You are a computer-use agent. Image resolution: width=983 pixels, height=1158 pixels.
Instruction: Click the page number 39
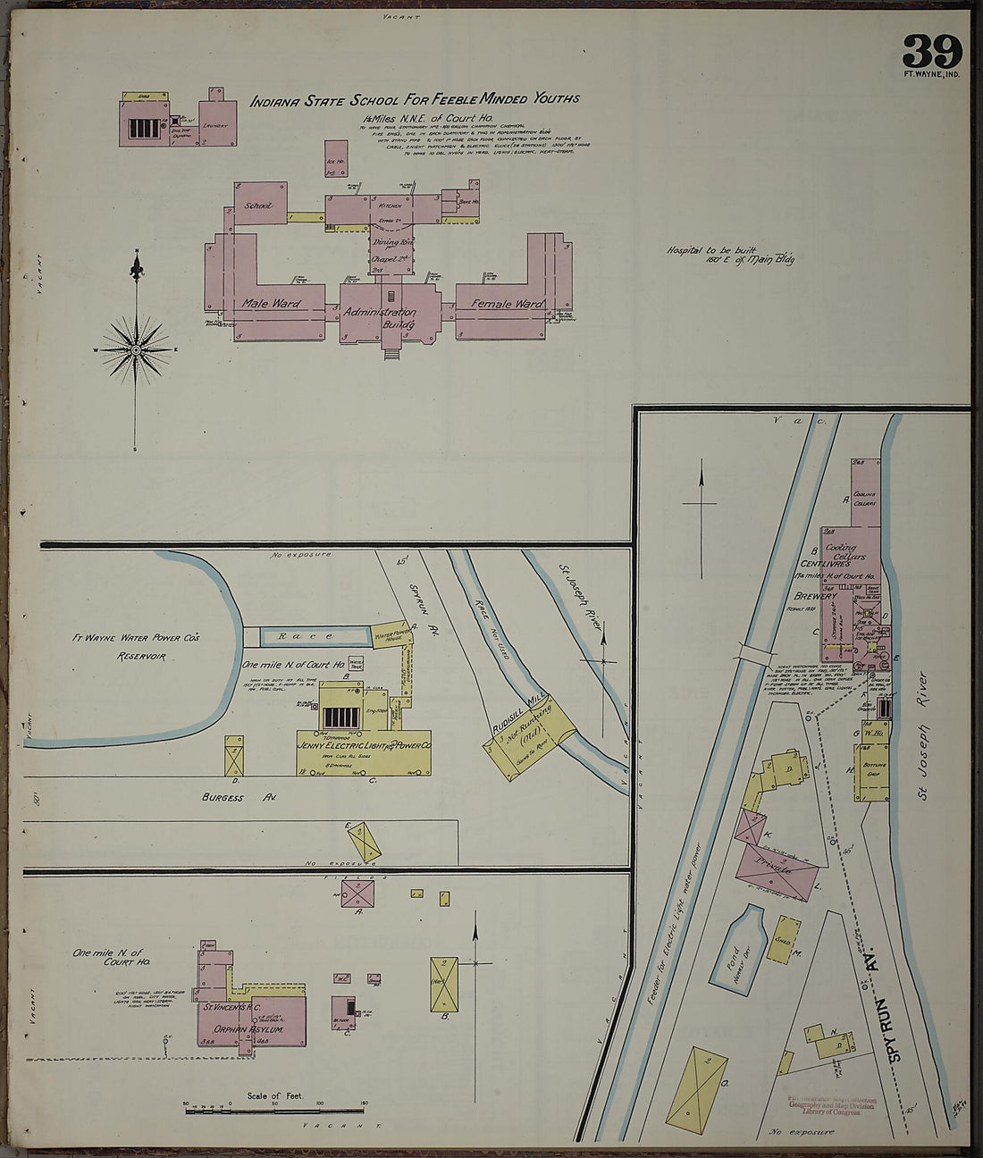point(932,52)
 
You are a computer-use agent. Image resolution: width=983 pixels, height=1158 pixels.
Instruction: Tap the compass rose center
point(136,351)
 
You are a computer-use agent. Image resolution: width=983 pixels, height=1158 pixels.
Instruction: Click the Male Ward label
point(271,304)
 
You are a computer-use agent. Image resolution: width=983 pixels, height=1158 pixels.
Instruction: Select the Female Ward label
point(507,304)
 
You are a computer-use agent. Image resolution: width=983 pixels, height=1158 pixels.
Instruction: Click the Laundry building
point(215,124)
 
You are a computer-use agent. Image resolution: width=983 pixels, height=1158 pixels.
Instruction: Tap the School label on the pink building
point(257,206)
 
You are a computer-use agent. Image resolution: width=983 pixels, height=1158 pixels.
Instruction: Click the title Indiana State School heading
point(414,100)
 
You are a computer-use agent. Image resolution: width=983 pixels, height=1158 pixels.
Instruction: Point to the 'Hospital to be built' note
point(729,255)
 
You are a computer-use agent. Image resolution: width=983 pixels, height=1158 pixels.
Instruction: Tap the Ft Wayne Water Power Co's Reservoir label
point(137,646)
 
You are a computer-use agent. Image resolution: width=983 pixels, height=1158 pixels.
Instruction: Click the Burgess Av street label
point(223,797)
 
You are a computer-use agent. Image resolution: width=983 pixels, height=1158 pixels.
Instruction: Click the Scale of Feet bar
point(275,1104)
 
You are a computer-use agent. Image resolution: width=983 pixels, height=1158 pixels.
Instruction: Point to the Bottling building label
point(873,770)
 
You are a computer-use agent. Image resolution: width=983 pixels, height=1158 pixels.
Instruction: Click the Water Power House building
point(392,635)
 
